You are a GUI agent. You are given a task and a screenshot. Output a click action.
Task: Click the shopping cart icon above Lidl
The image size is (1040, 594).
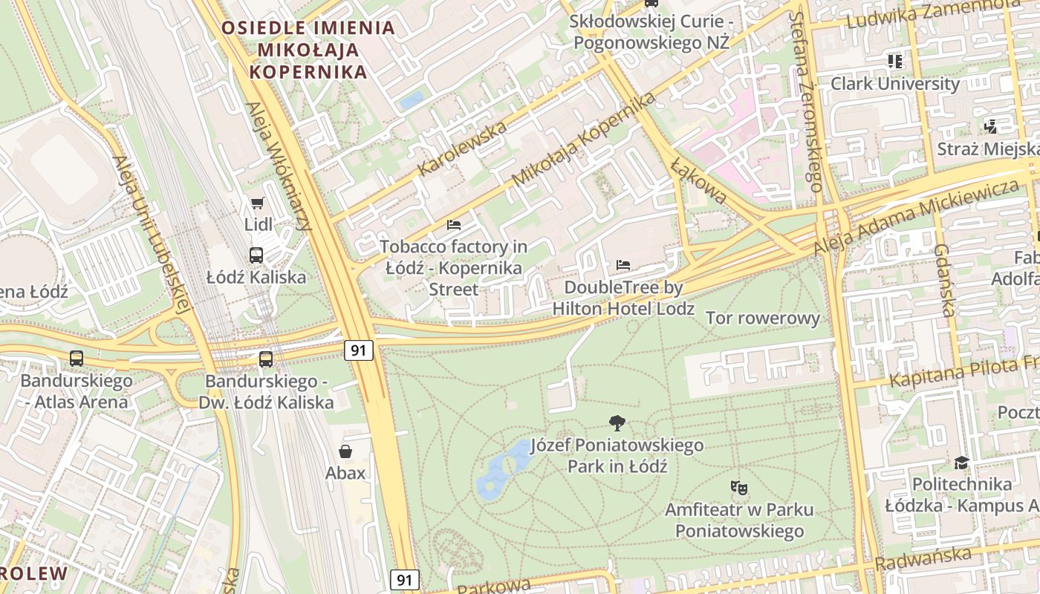(257, 203)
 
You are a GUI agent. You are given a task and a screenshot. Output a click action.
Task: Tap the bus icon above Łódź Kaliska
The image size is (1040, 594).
(256, 255)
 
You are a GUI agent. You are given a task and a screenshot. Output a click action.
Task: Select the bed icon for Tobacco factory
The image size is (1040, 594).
(454, 224)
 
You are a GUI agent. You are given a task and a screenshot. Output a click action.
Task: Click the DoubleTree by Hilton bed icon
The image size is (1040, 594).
(623, 265)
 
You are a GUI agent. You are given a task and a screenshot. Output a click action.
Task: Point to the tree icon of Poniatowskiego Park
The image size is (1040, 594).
(617, 423)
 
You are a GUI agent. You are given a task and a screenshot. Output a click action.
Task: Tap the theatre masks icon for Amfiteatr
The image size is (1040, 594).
(738, 488)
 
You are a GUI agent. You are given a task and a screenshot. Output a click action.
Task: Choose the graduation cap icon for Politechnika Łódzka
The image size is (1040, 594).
(962, 463)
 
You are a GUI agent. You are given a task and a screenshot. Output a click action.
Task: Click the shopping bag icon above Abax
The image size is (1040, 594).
(345, 451)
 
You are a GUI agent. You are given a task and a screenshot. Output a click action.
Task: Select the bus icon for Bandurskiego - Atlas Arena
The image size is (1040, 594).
(77, 359)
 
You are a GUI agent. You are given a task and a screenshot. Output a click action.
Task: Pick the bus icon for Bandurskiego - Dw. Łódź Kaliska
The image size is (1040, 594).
(266, 359)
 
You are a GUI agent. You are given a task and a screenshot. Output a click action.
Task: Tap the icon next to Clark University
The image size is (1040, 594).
(895, 61)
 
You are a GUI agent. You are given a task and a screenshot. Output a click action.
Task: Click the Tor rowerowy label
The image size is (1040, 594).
(762, 319)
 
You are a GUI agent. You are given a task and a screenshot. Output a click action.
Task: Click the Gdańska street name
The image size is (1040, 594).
(943, 280)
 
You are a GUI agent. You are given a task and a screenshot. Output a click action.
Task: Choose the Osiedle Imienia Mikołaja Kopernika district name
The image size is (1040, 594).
(308, 50)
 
